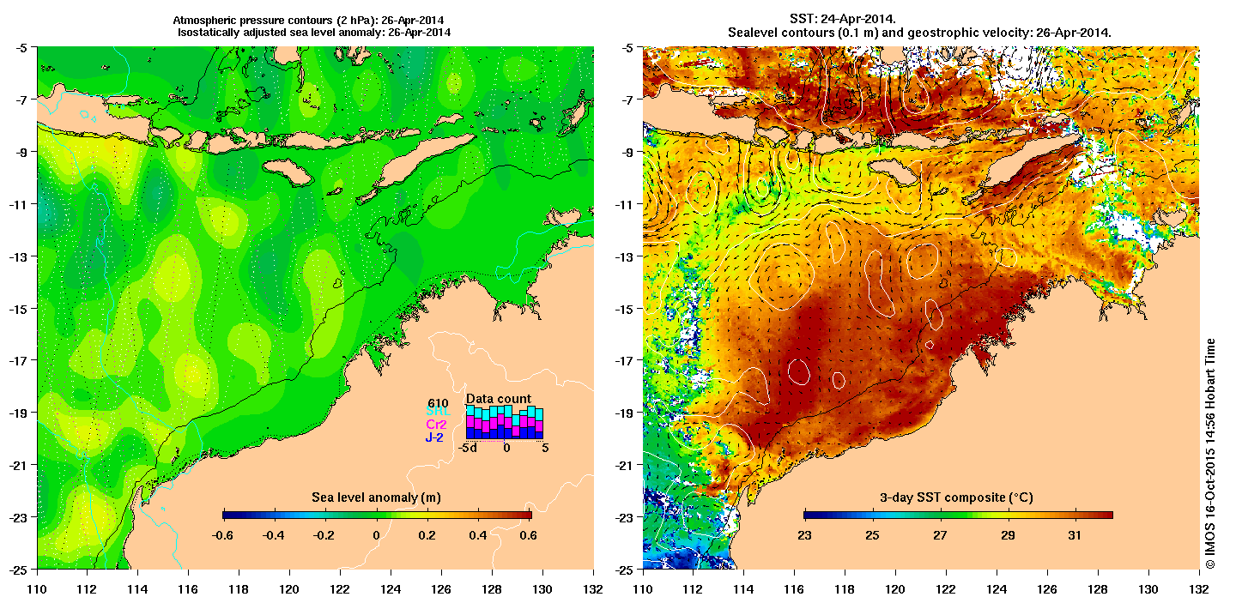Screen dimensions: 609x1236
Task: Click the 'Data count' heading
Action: coord(498,399)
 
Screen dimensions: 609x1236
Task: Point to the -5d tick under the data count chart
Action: coord(467,448)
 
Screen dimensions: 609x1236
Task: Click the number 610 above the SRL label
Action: coord(438,402)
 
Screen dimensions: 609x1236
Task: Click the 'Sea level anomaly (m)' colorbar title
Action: coord(376,498)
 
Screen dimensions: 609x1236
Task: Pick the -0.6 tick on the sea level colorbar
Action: coord(223,535)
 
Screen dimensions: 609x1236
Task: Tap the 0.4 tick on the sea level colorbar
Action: coord(478,535)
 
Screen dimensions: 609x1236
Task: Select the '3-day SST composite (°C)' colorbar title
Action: coord(958,498)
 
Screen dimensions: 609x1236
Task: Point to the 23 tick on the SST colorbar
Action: coord(804,535)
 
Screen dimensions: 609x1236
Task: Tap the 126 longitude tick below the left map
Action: coord(441,590)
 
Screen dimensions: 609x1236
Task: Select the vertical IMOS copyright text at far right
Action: coord(1210,455)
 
